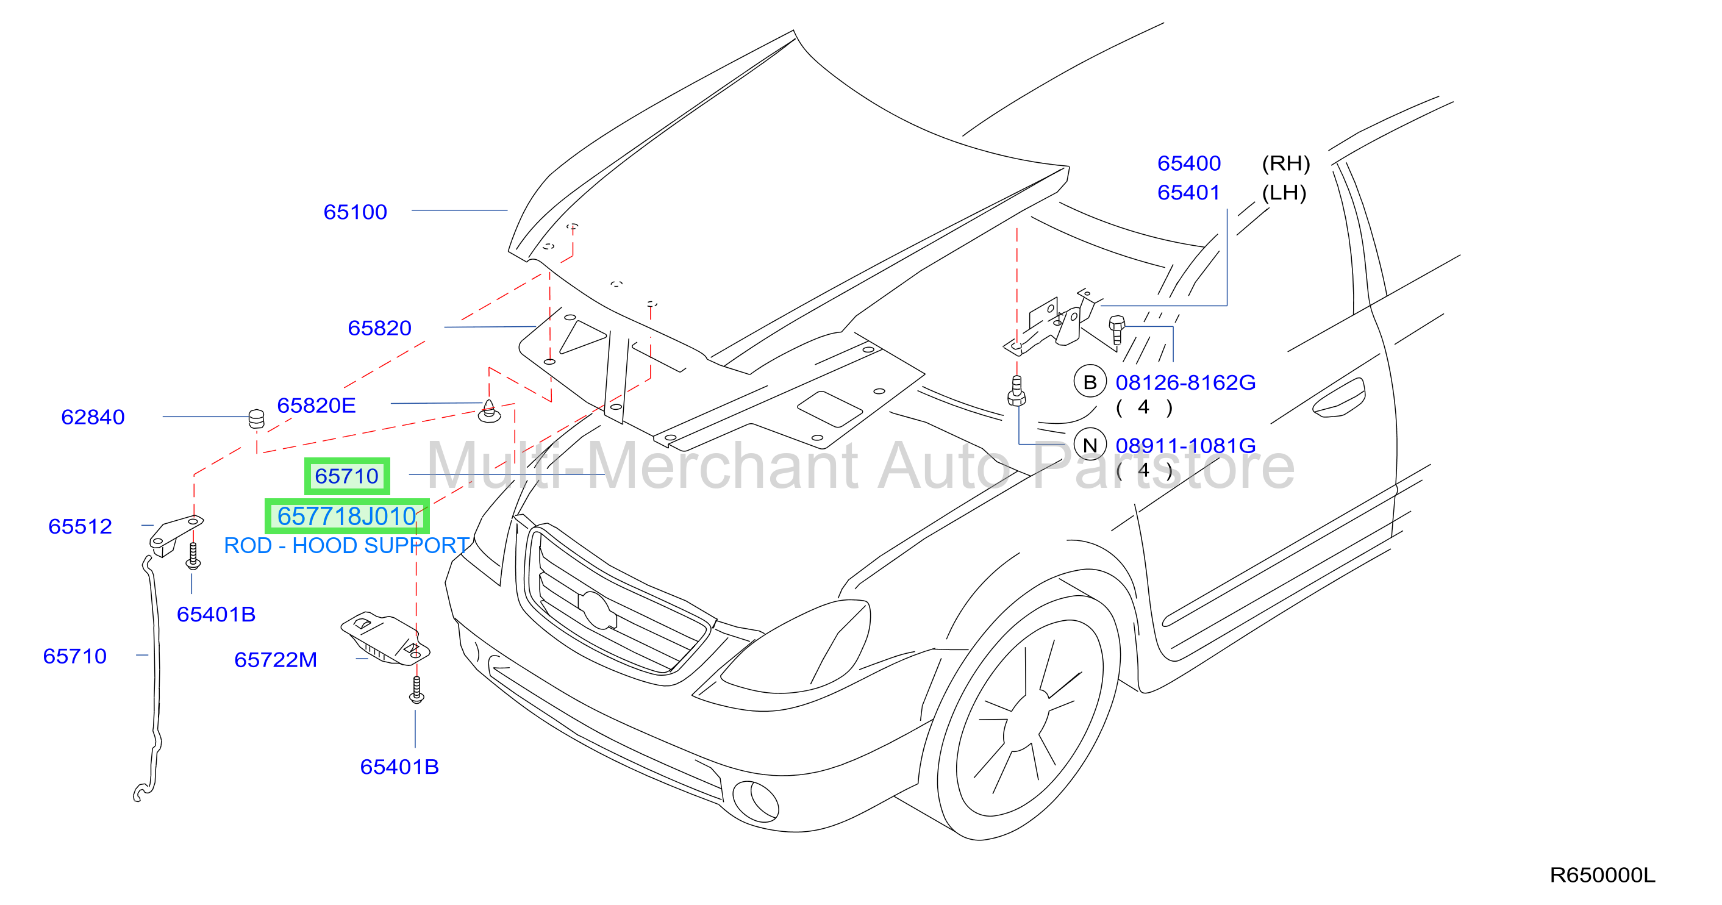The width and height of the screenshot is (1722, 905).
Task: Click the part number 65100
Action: tap(355, 212)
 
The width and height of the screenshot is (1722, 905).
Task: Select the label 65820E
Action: tap(316, 405)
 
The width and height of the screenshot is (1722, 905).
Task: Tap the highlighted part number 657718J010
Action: tap(347, 516)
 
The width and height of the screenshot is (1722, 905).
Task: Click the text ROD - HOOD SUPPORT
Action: tap(346, 545)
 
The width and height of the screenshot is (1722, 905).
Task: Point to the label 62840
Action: tap(93, 417)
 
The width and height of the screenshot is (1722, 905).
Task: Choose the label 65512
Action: tap(80, 526)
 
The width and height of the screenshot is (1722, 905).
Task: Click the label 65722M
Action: tap(276, 660)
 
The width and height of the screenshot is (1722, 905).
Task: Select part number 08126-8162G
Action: tap(1185, 382)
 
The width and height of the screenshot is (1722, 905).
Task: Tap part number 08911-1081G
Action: tap(1185, 445)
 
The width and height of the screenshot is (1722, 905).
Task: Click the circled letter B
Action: tap(1090, 382)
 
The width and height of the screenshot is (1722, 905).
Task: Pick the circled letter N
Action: tap(1090, 445)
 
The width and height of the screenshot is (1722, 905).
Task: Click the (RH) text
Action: tap(1285, 163)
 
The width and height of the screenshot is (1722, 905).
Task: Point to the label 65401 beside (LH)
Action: tap(1188, 193)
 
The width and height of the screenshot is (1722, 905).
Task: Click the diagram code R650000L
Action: tap(1602, 875)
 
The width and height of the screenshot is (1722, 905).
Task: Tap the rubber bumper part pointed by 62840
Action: tap(256, 418)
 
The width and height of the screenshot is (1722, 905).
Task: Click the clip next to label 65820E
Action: tap(489, 411)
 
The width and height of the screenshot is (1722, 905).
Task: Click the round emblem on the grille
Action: tap(597, 610)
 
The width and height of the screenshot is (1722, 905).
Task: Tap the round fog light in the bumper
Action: tap(756, 801)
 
